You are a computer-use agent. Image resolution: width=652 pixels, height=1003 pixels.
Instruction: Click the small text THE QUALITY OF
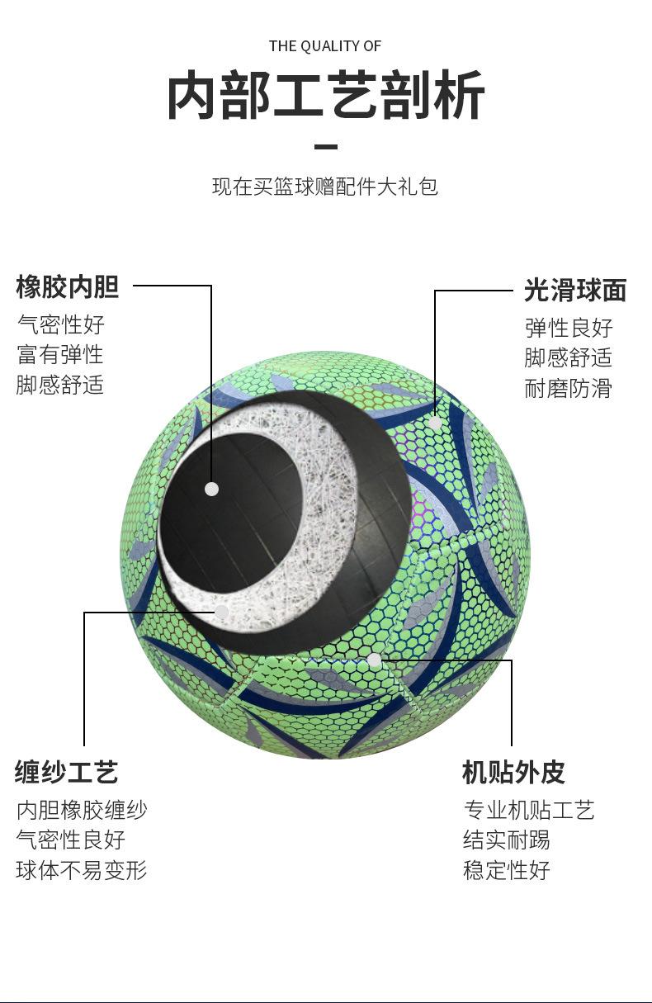(325, 46)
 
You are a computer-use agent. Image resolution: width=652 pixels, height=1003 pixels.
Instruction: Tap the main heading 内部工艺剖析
(325, 97)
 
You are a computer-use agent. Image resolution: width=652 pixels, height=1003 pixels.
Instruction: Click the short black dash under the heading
(326, 147)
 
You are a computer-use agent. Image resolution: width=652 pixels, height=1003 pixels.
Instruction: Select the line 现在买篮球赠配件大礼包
(325, 187)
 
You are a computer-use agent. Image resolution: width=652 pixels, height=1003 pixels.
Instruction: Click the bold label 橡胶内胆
(68, 287)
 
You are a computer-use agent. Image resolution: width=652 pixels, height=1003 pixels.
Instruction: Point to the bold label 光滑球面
(575, 291)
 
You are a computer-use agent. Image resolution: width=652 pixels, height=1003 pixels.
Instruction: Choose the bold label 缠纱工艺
(66, 773)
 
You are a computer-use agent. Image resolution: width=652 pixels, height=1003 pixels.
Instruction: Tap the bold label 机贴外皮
(513, 773)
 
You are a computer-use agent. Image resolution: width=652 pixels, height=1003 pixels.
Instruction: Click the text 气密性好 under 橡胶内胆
(61, 324)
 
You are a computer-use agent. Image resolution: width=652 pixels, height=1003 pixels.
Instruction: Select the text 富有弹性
(61, 354)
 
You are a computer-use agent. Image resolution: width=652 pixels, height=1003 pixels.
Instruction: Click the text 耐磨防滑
(569, 388)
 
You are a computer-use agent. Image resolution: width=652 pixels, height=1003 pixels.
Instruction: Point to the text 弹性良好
(569, 328)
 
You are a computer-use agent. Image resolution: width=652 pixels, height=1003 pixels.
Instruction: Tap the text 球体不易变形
(82, 870)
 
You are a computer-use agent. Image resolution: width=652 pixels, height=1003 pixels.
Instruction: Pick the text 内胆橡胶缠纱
(82, 810)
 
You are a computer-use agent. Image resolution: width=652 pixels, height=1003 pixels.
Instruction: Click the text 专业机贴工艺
(529, 810)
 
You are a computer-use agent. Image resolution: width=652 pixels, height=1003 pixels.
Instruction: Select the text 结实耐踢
(507, 840)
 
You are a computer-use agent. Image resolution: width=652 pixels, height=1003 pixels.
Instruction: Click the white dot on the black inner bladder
(211, 489)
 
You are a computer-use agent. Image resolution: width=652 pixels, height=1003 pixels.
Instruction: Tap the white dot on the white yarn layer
(221, 612)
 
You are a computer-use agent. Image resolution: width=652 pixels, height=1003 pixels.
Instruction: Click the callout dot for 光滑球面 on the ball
(434, 423)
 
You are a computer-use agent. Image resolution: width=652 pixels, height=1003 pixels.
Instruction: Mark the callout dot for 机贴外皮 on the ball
(375, 660)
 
